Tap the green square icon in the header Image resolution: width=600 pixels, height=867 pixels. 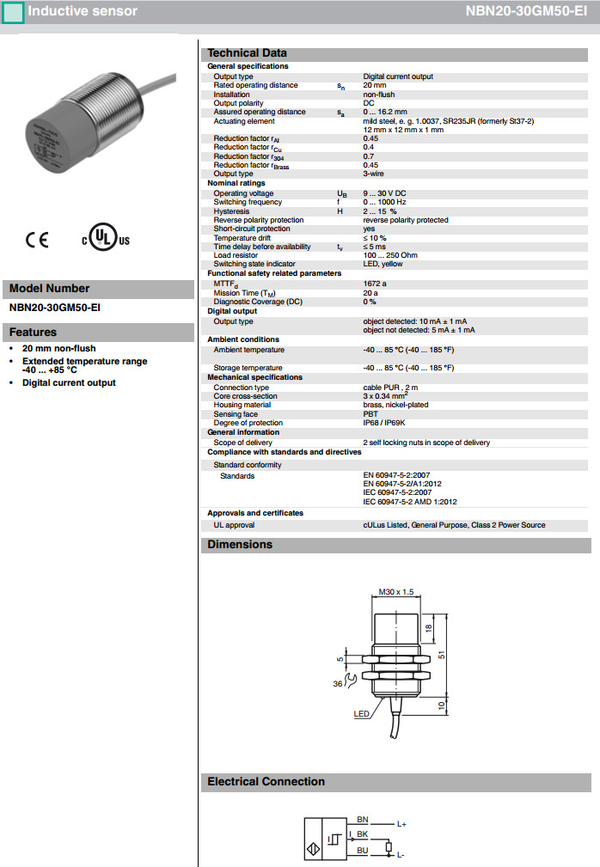pos(12,12)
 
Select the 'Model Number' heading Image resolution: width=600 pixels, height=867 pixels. pos(49,289)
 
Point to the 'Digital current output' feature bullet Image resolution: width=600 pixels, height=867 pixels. pos(69,382)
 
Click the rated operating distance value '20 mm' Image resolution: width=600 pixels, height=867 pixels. pos(374,85)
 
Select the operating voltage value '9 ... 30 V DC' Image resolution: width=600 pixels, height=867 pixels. pos(387,193)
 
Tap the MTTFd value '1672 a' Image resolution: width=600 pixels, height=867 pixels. pos(375,283)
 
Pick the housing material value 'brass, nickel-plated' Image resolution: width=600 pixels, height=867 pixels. pos(395,405)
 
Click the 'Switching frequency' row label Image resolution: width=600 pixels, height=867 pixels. pos(248,203)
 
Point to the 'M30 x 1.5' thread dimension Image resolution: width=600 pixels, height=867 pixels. pos(396,592)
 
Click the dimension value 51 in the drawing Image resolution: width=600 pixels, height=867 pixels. pos(441,656)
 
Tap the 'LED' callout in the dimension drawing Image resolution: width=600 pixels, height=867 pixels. pos(361,714)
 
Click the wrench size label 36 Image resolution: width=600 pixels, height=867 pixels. pos(337,684)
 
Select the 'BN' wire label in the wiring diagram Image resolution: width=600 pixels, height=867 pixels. pos(362,821)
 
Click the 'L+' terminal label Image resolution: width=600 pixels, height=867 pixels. pos(401,825)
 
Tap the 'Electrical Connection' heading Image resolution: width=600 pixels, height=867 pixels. pos(266,782)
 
